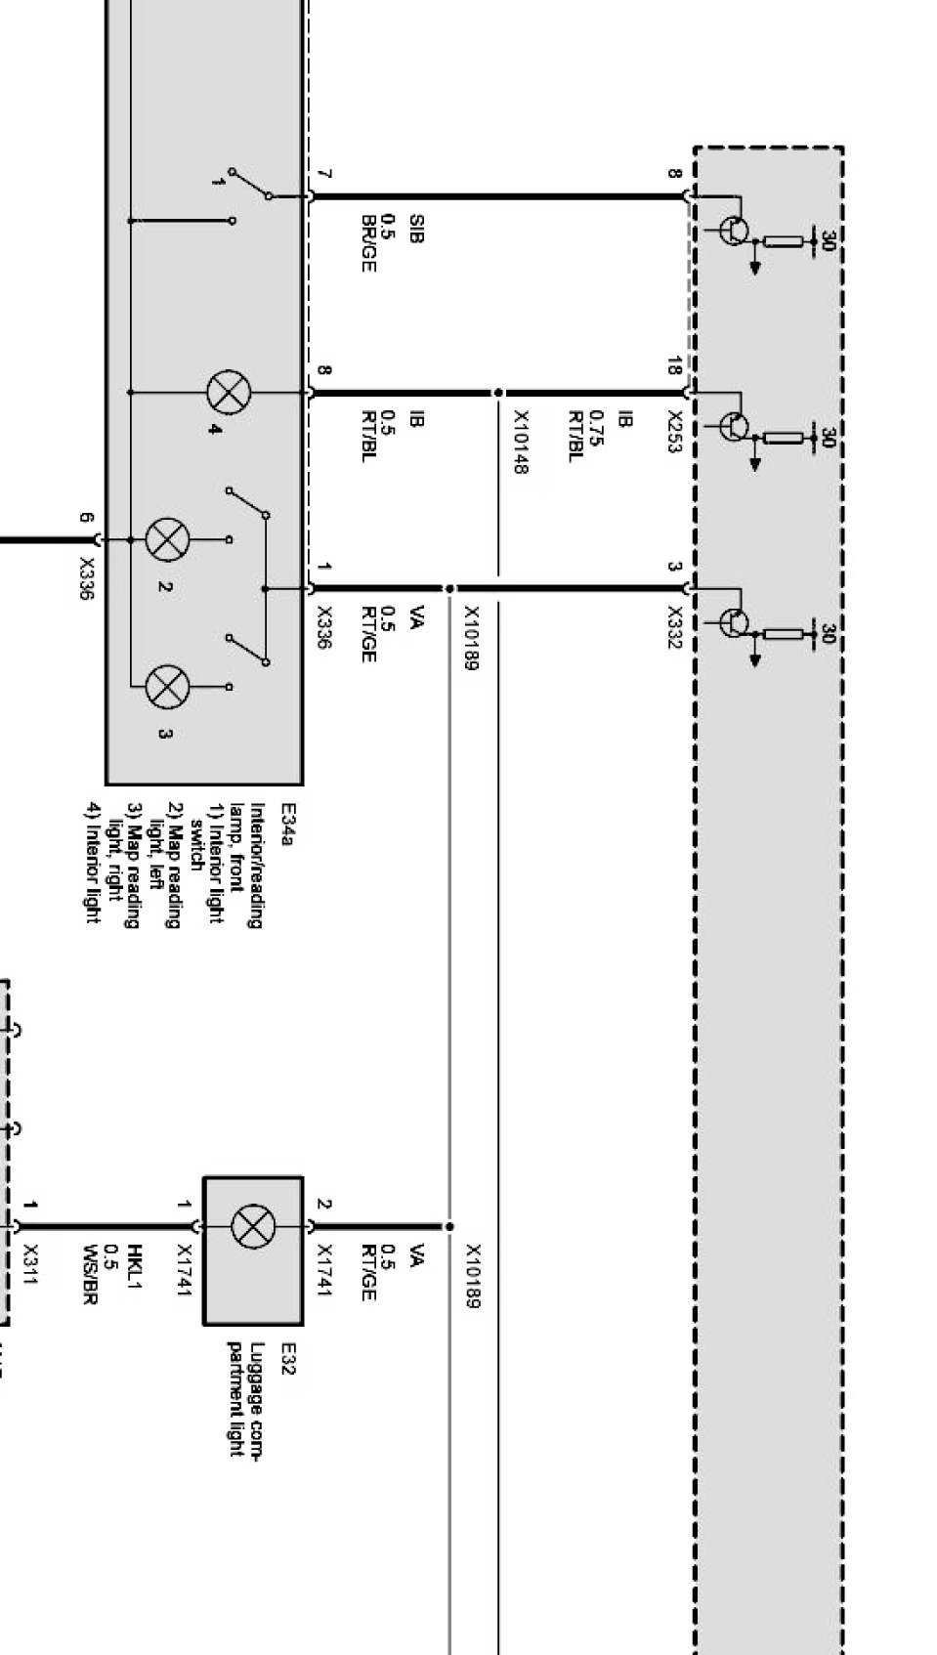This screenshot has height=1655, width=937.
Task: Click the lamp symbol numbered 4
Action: coord(229,393)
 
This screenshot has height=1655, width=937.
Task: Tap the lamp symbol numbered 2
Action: coord(167,539)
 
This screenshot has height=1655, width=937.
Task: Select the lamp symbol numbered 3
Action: coord(167,687)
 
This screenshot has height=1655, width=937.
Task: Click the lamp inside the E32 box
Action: coord(253,1226)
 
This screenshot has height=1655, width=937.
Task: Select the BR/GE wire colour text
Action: coord(368,243)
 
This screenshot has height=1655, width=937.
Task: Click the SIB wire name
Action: coord(415,229)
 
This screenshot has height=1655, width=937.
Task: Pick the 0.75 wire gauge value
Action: coord(598,428)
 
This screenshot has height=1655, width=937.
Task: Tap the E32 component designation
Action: coord(287,1359)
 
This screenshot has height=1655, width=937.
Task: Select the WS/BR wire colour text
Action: coord(91,1274)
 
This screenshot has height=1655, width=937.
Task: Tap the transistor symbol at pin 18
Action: coord(734,426)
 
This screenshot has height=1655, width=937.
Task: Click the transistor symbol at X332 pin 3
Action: coord(734,621)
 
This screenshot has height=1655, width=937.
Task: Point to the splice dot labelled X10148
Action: coord(498,393)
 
